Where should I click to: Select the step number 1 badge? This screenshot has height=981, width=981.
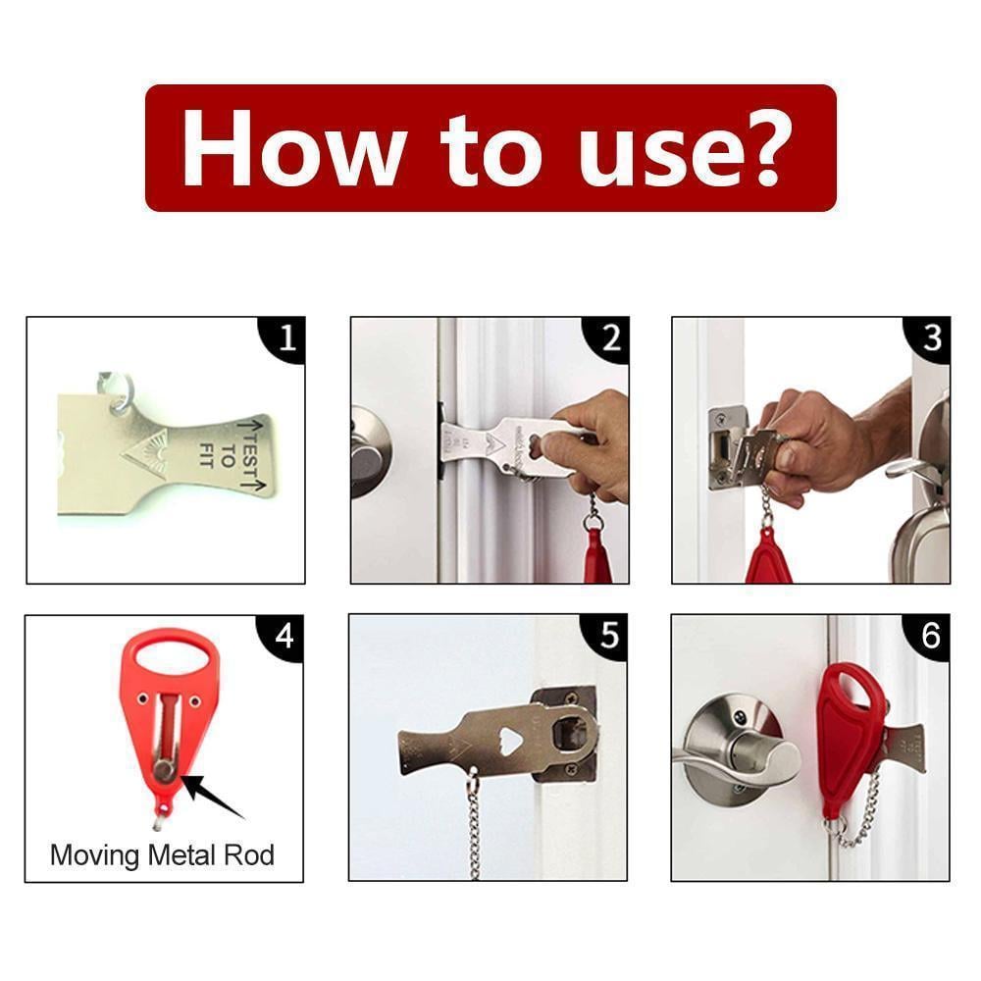[x=285, y=338]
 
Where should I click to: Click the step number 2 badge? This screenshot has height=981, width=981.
[x=610, y=338]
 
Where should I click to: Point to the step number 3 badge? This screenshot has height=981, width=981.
[x=931, y=338]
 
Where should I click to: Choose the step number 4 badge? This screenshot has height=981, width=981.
[x=284, y=637]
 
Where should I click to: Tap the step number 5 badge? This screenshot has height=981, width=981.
[x=609, y=637]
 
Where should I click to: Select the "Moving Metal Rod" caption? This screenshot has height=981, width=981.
[x=162, y=854]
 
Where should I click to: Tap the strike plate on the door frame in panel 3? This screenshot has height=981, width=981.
[x=725, y=446]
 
